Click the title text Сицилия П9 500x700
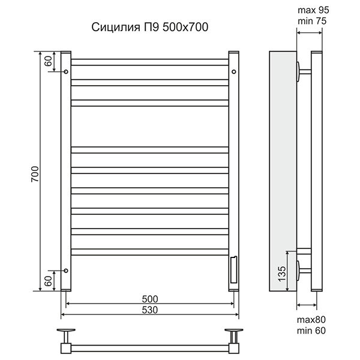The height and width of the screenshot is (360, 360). pos(150,27)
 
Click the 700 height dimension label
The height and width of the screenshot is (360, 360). pos(35,174)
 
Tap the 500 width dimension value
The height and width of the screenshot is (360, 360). pos(150,299)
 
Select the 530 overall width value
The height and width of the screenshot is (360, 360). pos(150,310)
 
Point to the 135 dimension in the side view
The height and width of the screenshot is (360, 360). pos(282,274)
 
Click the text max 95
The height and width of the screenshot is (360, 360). pos(313,10)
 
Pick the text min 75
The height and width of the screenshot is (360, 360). pos(312,21)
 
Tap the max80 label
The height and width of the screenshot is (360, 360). pos(311,320)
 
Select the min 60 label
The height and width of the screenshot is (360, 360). pos(311,331)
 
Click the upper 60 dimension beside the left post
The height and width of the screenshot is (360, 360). pos(49,61)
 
